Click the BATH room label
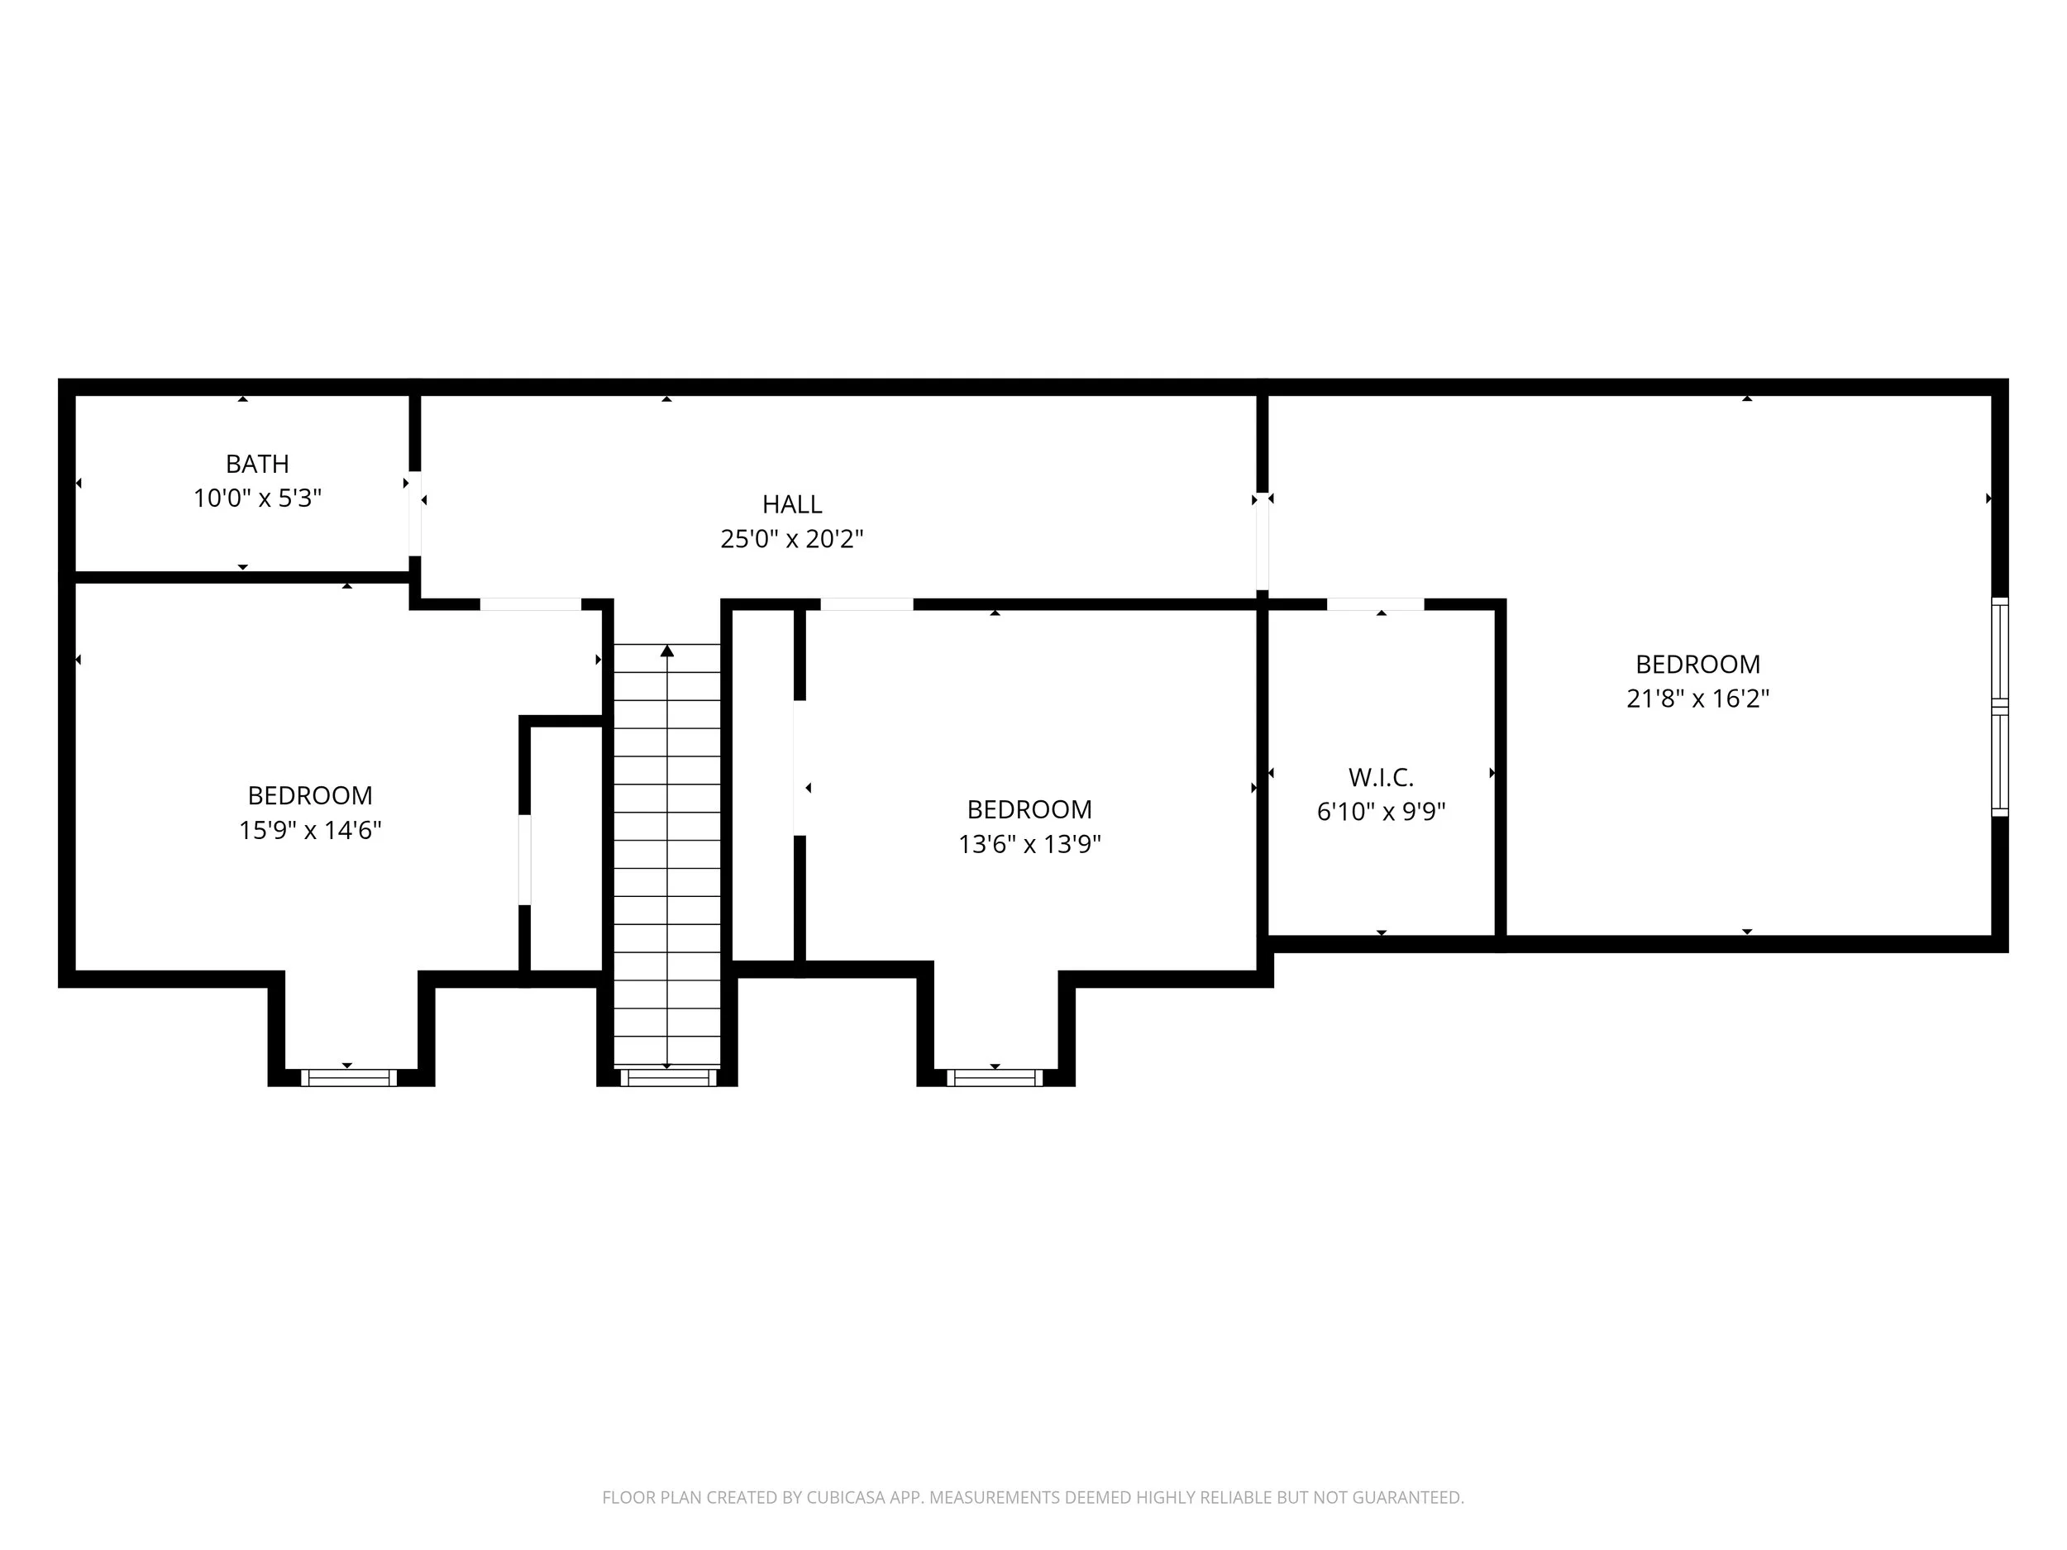[x=257, y=464]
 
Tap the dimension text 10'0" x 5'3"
[x=257, y=498]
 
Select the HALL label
[x=791, y=504]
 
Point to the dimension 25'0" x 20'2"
[x=791, y=539]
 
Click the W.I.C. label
[x=1380, y=777]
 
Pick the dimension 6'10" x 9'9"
[x=1380, y=812]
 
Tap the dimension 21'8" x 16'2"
[x=1697, y=699]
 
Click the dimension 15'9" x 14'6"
[x=309, y=830]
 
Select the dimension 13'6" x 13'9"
[x=1029, y=844]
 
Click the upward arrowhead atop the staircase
[x=666, y=651]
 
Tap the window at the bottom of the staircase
[x=667, y=1077]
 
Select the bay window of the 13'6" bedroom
[x=995, y=1077]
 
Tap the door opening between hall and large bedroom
[x=1262, y=542]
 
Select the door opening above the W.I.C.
[x=1375, y=604]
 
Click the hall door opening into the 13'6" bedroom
[x=866, y=604]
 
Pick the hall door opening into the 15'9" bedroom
[x=530, y=604]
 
